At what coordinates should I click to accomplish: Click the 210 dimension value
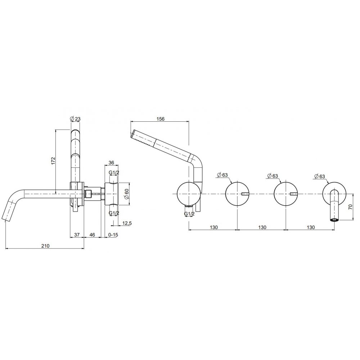(45, 246)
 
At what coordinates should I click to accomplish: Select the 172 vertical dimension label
(53, 161)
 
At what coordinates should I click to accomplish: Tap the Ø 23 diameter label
(75, 119)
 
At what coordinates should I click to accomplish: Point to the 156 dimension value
(161, 119)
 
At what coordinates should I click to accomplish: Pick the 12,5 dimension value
(127, 223)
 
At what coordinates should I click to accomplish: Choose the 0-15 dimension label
(113, 235)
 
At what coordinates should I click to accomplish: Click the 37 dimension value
(77, 235)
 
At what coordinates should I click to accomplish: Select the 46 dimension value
(92, 235)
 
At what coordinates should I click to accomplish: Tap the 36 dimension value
(111, 163)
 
